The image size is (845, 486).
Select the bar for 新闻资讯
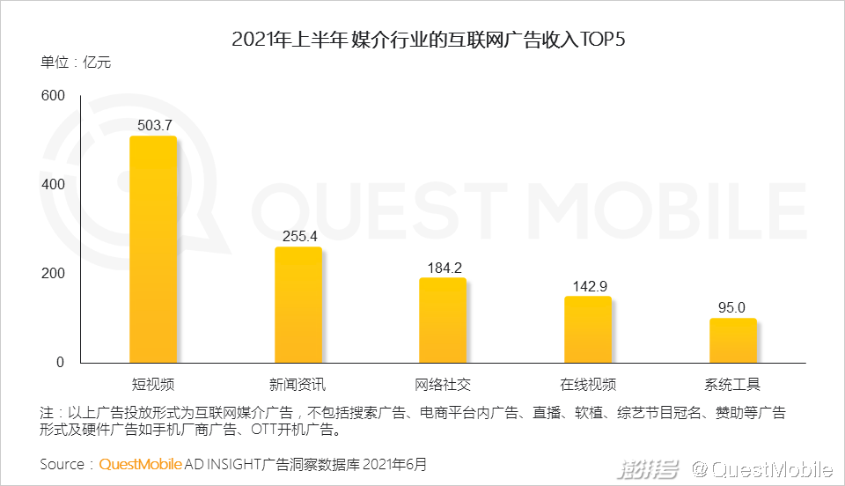(x=298, y=305)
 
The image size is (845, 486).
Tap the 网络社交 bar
(x=442, y=320)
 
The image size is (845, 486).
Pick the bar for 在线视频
(x=587, y=329)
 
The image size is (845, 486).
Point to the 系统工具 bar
(x=732, y=341)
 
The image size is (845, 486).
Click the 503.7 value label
(x=153, y=125)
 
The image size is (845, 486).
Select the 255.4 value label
(x=298, y=236)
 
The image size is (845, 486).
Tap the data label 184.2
(x=442, y=267)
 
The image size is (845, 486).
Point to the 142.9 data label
(x=587, y=285)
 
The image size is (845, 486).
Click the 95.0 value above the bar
(x=732, y=307)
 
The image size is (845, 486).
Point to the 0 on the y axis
(x=60, y=363)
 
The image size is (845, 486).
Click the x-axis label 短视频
(x=152, y=385)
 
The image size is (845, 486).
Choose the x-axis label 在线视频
(x=587, y=385)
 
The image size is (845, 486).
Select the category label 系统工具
(x=732, y=385)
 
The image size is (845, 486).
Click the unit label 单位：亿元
(x=76, y=63)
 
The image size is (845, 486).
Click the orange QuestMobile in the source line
(x=141, y=464)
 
